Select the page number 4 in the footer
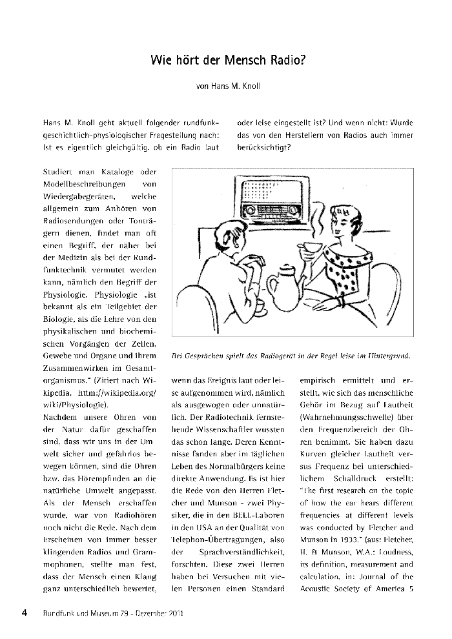(x=25, y=613)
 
